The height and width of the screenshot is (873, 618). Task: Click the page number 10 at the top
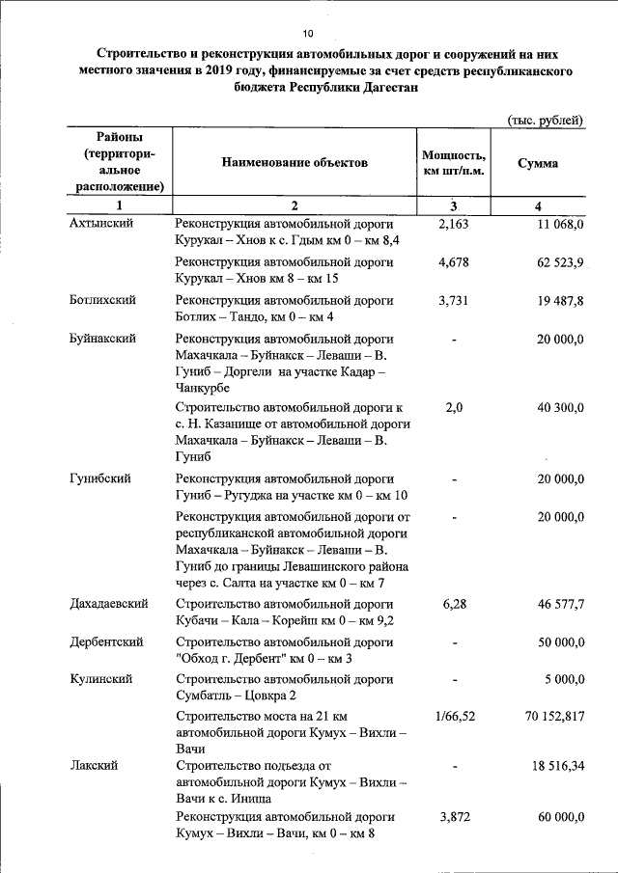tap(308, 12)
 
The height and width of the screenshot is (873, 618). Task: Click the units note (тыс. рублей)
tap(546, 120)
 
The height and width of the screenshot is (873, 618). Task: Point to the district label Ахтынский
tap(100, 223)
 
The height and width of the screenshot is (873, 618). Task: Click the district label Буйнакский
tap(102, 339)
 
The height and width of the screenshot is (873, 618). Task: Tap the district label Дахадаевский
tap(108, 604)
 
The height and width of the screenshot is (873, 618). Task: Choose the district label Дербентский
tap(107, 641)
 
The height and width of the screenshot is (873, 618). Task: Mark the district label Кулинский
tap(101, 680)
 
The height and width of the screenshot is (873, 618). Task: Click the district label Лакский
tap(94, 765)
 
